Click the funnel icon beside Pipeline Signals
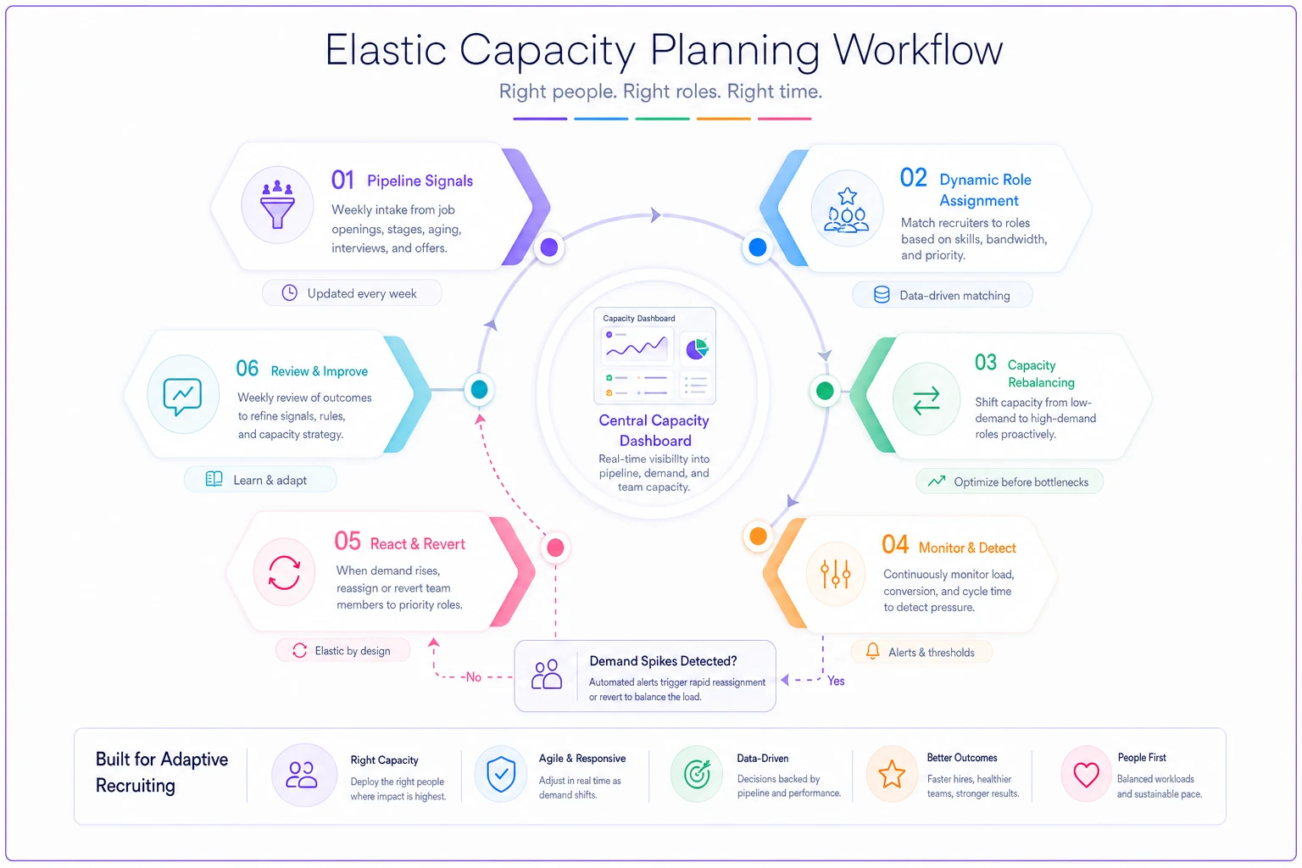[277, 203]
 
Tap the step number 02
[913, 178]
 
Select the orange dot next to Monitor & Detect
[758, 536]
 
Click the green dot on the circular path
[825, 391]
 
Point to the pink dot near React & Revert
[555, 547]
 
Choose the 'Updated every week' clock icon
[289, 293]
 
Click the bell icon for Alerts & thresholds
[872, 651]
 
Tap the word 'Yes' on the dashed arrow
[836, 681]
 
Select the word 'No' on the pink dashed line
[474, 677]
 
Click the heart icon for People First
[1086, 775]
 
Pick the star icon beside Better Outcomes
[891, 775]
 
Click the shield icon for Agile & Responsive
[501, 775]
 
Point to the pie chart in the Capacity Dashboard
[696, 349]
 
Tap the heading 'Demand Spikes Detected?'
[663, 661]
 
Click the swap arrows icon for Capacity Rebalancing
[926, 401]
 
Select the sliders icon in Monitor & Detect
[835, 574]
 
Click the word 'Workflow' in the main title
[918, 50]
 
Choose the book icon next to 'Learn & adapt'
[214, 479]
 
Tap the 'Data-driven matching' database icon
[882, 295]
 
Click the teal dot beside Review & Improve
[479, 390]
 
